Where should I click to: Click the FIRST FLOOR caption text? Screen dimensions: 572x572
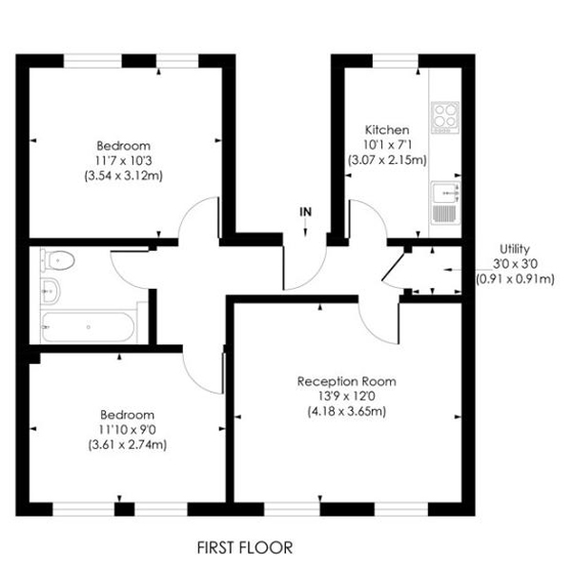[x=244, y=547]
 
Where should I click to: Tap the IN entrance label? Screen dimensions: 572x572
[x=305, y=211]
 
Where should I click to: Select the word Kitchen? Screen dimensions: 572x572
[x=387, y=130]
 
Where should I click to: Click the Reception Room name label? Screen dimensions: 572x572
[x=359, y=381]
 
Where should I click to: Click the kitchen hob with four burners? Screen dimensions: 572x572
[x=445, y=117]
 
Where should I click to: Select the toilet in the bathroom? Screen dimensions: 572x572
[x=58, y=258]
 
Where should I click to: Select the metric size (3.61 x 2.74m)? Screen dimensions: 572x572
[x=127, y=445]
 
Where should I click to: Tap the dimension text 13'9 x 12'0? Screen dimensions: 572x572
[x=359, y=397]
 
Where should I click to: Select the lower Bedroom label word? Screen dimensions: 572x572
[x=127, y=415]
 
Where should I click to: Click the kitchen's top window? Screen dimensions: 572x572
[x=390, y=60]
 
